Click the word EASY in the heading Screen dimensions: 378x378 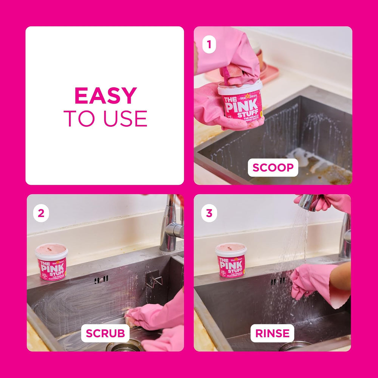105,96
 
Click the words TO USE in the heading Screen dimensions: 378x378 105,119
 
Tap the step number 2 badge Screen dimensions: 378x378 41,213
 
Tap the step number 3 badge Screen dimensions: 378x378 209,213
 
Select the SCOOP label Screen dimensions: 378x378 273,167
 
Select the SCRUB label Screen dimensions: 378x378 105,333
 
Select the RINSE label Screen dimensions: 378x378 272,333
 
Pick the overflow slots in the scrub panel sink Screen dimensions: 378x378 101,280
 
